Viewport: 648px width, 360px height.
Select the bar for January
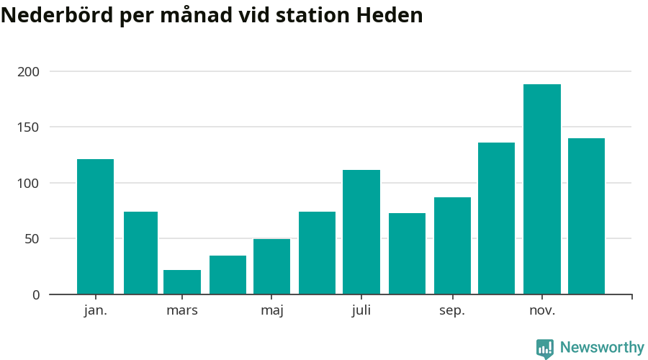[95, 227]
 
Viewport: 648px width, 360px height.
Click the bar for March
[182, 282]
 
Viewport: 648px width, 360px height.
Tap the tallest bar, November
[542, 189]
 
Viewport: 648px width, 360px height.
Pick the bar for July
[361, 232]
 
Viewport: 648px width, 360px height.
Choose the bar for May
[271, 266]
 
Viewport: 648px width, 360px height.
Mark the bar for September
[452, 246]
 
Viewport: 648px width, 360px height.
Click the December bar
[586, 216]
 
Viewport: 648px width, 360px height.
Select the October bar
[496, 218]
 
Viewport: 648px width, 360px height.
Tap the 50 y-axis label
[32, 239]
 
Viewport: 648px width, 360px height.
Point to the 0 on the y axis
[36, 294]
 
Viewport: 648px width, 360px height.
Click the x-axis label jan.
[95, 311]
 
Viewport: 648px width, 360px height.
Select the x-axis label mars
[182, 311]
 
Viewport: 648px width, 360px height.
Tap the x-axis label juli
[361, 311]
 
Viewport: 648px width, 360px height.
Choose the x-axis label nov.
[542, 311]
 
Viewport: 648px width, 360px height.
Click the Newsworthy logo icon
[545, 348]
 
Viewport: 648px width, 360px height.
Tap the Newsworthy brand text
[602, 348]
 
